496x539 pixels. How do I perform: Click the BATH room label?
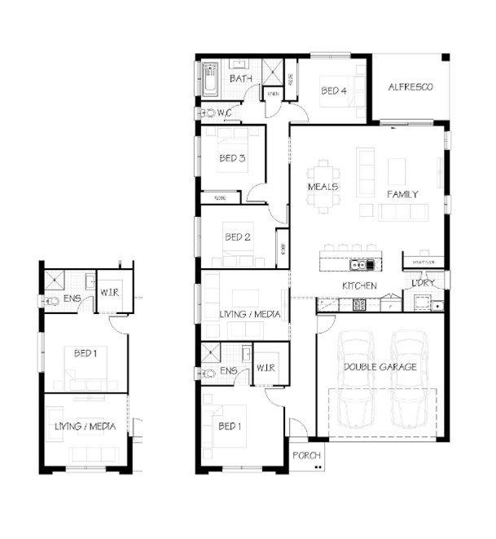pos(241,78)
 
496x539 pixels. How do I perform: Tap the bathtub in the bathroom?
pos(211,78)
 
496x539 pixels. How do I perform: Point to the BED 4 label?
pos(334,91)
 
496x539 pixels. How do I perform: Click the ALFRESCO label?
pos(410,86)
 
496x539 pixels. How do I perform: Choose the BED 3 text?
pos(232,158)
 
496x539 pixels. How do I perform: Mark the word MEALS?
pos(323,187)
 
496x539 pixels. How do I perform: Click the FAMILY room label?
pos(402,194)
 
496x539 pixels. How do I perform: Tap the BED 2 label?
pos(237,237)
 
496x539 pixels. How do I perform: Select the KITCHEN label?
pos(359,286)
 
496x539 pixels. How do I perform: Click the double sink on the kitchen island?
pos(361,265)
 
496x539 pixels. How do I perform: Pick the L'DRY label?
pos(423,282)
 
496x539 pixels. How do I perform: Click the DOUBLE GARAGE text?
pos(380,367)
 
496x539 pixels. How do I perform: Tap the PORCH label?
pos(307,455)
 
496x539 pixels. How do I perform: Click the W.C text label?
pos(225,113)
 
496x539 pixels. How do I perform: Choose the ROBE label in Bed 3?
pos(220,197)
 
